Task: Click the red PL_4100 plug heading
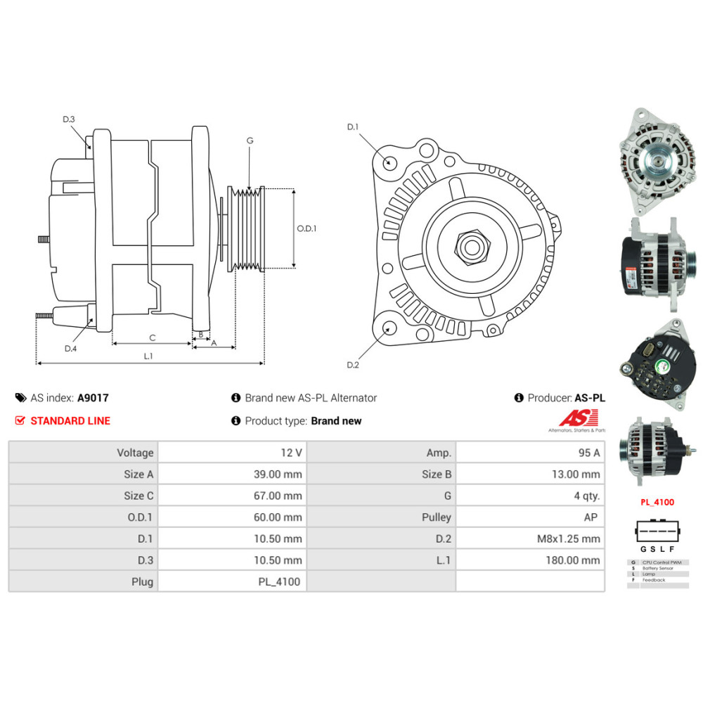point(657,502)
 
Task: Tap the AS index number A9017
point(93,398)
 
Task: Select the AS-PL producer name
point(589,398)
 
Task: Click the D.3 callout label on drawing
point(68,120)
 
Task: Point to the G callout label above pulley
point(250,141)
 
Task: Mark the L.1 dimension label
point(148,356)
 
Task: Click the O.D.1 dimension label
point(307,228)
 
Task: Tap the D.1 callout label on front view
point(353,127)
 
